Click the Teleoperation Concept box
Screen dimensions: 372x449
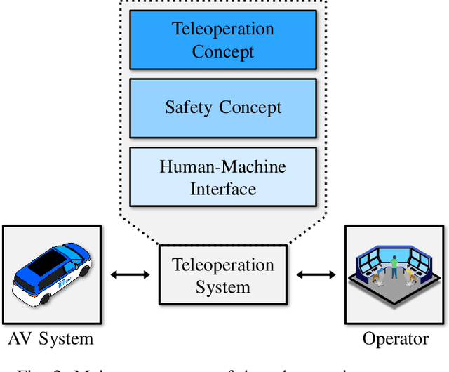tap(223, 41)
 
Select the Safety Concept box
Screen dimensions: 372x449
tap(223, 107)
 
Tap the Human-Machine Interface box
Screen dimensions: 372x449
tap(223, 177)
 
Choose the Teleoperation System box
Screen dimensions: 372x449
tap(223, 276)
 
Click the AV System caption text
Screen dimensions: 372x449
tap(51, 339)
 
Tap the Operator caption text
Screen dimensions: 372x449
tap(395, 339)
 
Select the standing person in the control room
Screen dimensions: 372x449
tap(394, 266)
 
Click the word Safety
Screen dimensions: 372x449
tap(189, 107)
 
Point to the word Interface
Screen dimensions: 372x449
tap(223, 188)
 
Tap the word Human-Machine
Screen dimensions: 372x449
tap(223, 167)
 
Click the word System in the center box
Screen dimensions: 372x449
tap(223, 286)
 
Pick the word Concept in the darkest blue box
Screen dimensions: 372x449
tap(223, 52)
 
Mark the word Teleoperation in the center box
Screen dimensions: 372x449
tap(223, 265)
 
